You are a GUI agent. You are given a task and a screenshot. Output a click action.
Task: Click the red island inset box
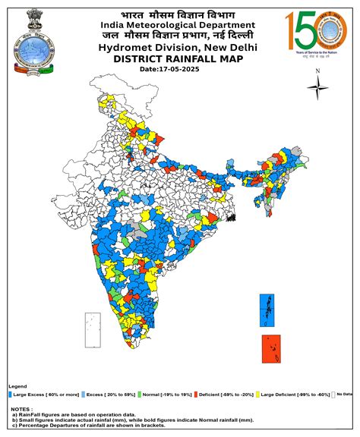[271, 349]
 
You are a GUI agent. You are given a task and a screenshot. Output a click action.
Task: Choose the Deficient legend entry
[226, 395]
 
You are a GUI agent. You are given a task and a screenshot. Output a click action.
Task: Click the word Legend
[17, 386]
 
